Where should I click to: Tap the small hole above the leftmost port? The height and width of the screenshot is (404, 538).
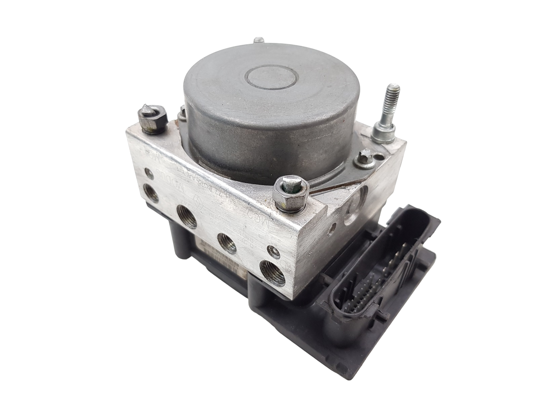148,175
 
